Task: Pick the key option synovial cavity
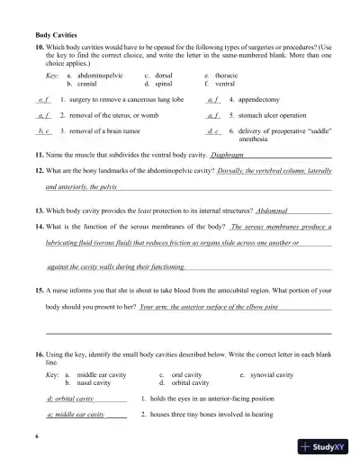tap(273, 373)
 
